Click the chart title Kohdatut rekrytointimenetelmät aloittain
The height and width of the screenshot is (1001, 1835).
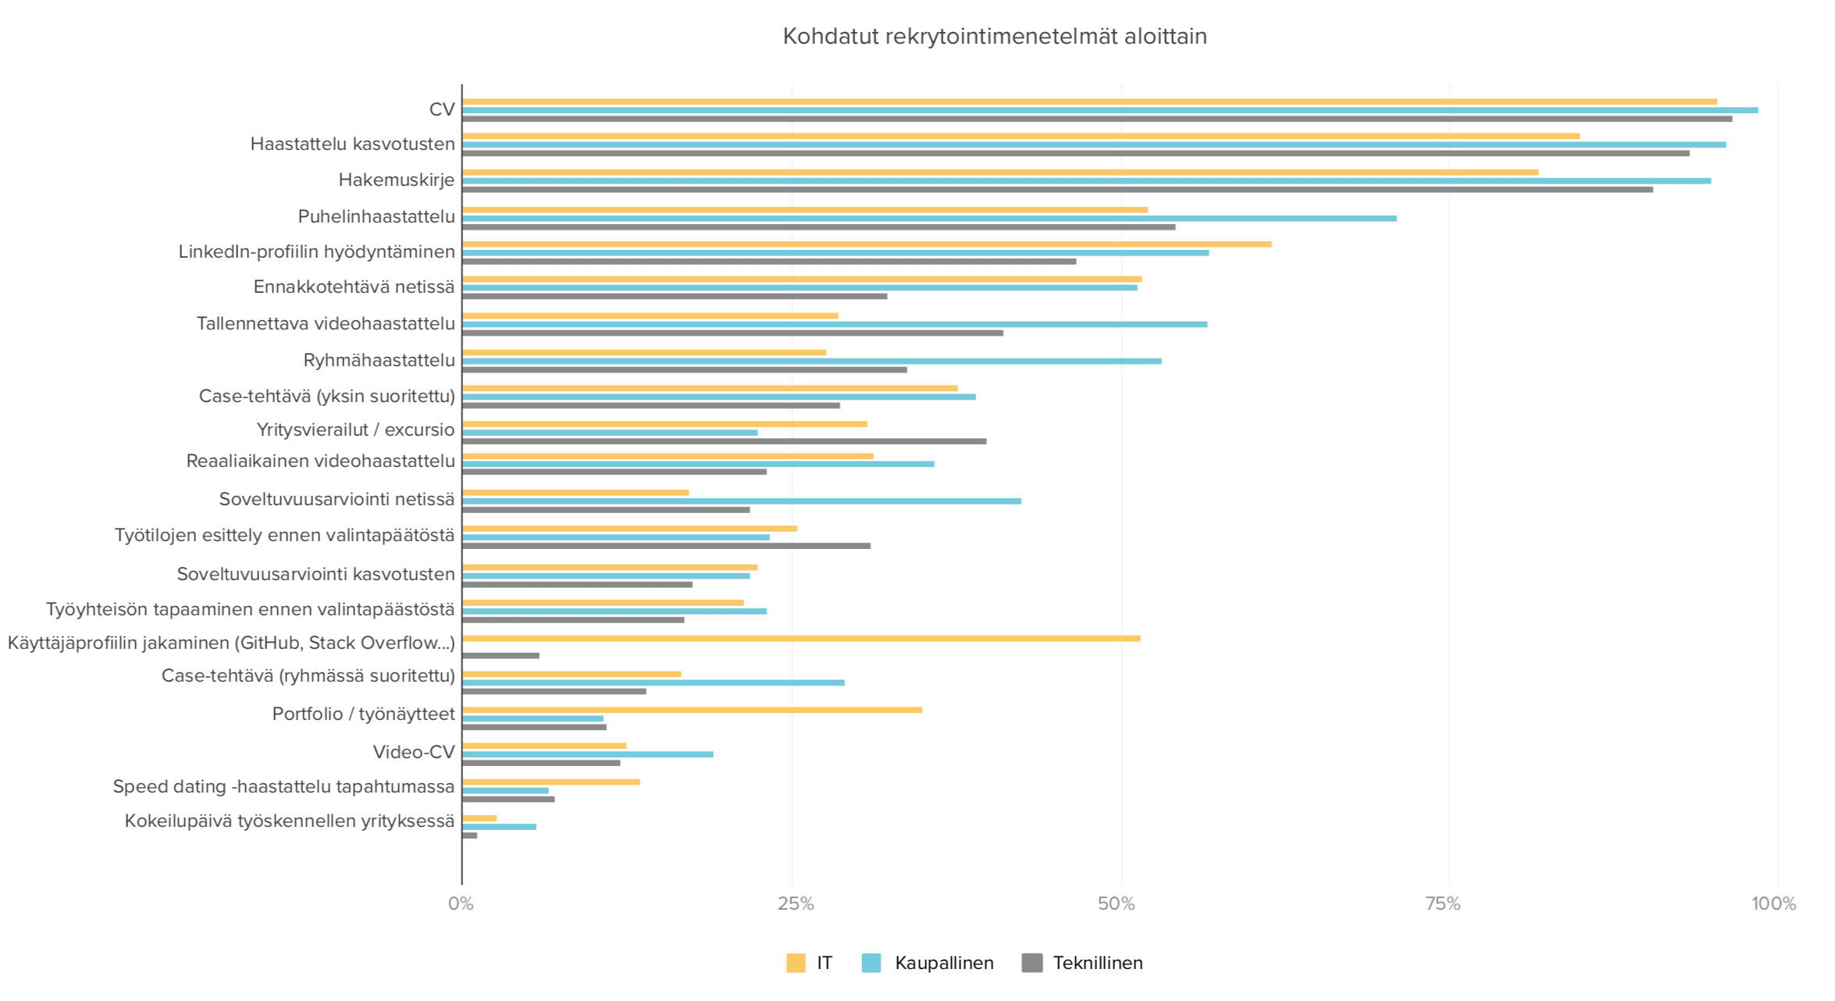pos(994,37)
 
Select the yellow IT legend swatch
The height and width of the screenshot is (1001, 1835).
pos(795,963)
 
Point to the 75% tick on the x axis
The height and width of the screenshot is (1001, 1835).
pos(1442,904)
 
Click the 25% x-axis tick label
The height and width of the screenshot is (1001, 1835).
pos(795,904)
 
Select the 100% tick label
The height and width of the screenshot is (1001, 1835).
pos(1773,904)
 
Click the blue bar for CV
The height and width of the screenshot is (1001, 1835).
pos(1109,110)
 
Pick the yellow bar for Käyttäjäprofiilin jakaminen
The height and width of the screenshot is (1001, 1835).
pos(800,639)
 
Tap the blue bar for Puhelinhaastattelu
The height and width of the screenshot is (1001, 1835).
pos(929,219)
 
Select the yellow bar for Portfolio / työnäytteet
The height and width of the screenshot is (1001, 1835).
pos(692,710)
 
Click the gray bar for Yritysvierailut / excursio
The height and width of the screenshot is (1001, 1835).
pos(724,441)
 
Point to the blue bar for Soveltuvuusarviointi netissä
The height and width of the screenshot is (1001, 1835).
pos(741,501)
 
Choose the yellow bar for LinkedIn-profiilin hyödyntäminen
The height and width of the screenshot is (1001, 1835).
pos(867,244)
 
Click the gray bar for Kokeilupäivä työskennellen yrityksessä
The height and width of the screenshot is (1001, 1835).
pos(469,835)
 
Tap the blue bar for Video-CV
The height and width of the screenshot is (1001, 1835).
pos(587,754)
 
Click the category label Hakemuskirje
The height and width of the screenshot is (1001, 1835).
pos(396,180)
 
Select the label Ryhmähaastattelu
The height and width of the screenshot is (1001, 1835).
pos(379,361)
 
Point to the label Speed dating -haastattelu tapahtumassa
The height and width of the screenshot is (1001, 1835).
pos(283,786)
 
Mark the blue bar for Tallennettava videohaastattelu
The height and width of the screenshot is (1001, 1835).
pos(834,324)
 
